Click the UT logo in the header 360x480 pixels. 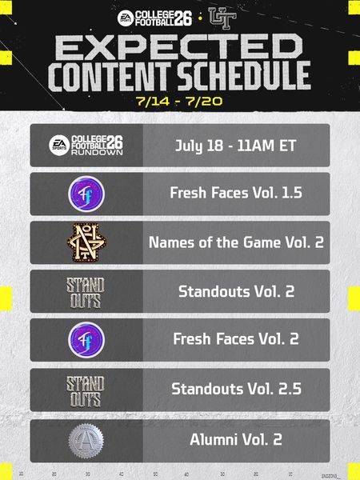[x=222, y=18]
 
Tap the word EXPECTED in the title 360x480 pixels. [x=178, y=47]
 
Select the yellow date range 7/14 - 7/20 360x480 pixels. [x=179, y=101]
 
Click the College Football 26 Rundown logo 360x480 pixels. [x=86, y=145]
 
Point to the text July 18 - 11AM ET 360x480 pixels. [x=236, y=146]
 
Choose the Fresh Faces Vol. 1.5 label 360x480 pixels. [x=236, y=193]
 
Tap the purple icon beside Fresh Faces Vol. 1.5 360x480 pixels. [x=86, y=194]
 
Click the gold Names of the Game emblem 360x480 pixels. [x=86, y=242]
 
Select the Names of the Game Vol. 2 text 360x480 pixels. [x=236, y=242]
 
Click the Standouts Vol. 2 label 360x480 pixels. [x=236, y=291]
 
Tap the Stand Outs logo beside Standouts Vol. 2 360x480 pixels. [x=86, y=293]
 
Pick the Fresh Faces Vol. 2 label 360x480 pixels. [x=236, y=339]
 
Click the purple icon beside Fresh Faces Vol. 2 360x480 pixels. [x=86, y=340]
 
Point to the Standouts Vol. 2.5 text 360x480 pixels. [x=236, y=389]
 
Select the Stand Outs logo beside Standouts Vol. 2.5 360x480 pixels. [x=86, y=391]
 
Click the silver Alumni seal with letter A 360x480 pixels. [x=86, y=441]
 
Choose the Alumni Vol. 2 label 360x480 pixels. [x=236, y=439]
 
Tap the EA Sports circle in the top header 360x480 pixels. [x=126, y=18]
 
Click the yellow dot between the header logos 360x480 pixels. [x=200, y=18]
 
